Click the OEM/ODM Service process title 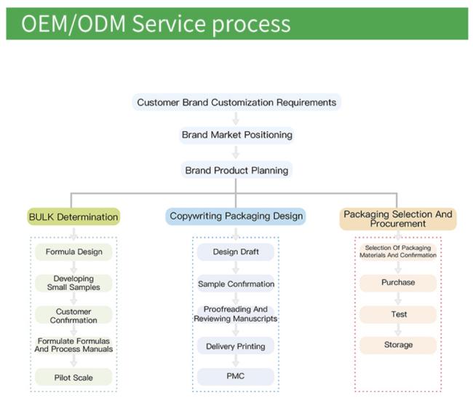click(x=156, y=24)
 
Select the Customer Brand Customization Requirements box click(x=236, y=102)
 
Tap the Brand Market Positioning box click(x=236, y=135)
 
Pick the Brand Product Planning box click(x=236, y=170)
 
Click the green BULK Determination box click(x=73, y=216)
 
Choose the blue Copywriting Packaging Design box click(x=236, y=216)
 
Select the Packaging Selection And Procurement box click(x=398, y=219)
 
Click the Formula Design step click(x=73, y=251)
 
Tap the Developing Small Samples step click(x=73, y=283)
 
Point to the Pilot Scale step click(x=73, y=378)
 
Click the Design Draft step click(x=236, y=251)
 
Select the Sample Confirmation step click(x=236, y=284)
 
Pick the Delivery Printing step click(x=236, y=346)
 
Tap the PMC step click(x=236, y=376)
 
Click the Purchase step click(x=398, y=283)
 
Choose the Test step click(x=398, y=314)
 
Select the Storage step click(x=398, y=345)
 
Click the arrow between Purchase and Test click(x=398, y=299)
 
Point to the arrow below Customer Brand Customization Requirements click(x=236, y=118)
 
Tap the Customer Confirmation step click(x=73, y=315)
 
